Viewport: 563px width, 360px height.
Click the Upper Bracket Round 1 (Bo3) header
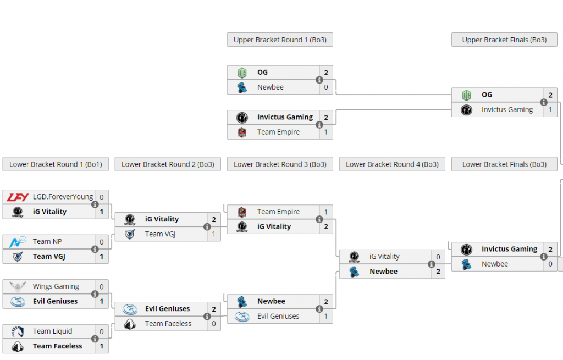coord(280,40)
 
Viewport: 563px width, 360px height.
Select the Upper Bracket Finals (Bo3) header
coord(504,40)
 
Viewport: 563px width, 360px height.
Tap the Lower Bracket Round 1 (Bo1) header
coord(56,164)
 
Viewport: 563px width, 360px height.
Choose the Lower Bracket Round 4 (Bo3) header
coord(392,164)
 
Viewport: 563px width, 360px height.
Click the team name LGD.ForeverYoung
coord(63,197)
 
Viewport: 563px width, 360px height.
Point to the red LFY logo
coord(18,197)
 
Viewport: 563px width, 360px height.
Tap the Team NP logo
coord(18,242)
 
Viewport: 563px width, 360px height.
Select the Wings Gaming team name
coord(56,286)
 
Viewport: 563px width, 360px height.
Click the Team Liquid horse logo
coord(18,331)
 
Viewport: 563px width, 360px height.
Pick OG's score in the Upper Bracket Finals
coord(550,95)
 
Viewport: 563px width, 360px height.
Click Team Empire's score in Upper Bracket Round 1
coord(326,132)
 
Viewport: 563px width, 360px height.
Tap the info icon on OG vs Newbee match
coord(319,80)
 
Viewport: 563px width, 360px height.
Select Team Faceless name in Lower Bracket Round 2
coord(168,324)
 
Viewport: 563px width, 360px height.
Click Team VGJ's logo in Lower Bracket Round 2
coord(130,234)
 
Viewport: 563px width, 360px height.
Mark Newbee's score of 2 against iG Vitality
coord(438,272)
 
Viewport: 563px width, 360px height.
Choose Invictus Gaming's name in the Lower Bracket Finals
coord(509,249)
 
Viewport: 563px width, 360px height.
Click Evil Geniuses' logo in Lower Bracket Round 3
coord(242,317)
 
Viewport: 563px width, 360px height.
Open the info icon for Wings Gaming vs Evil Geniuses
coord(95,294)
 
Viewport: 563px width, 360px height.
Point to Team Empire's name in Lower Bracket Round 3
coord(278,212)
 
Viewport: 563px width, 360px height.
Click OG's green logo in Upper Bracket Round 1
coord(242,73)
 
